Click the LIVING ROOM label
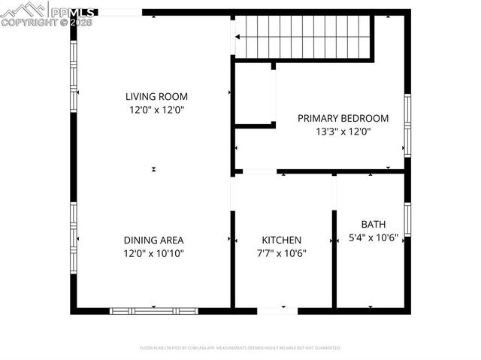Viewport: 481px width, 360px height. [x=156, y=96]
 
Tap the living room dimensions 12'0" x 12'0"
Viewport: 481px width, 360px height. [x=156, y=110]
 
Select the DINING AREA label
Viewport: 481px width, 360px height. [x=153, y=241]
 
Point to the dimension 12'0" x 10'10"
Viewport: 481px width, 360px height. [x=153, y=254]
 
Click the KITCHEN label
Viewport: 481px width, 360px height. [x=281, y=241]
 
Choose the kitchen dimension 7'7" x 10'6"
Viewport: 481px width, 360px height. [x=281, y=253]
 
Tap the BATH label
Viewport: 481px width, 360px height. [x=373, y=224]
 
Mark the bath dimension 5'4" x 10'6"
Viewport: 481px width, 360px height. [x=373, y=237]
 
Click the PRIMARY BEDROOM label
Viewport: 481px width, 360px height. [x=343, y=118]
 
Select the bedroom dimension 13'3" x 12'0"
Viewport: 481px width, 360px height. [x=343, y=132]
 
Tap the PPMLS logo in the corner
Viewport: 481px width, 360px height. [x=48, y=14]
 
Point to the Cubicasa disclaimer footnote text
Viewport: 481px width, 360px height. [x=240, y=348]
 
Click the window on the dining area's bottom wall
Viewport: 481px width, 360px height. [x=153, y=310]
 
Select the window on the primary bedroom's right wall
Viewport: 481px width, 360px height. [x=407, y=125]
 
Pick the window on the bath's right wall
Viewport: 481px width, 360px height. [x=407, y=218]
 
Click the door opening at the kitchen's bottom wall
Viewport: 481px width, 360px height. [x=277, y=310]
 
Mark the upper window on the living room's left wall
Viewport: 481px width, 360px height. [x=74, y=75]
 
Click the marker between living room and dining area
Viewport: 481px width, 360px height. [x=153, y=169]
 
